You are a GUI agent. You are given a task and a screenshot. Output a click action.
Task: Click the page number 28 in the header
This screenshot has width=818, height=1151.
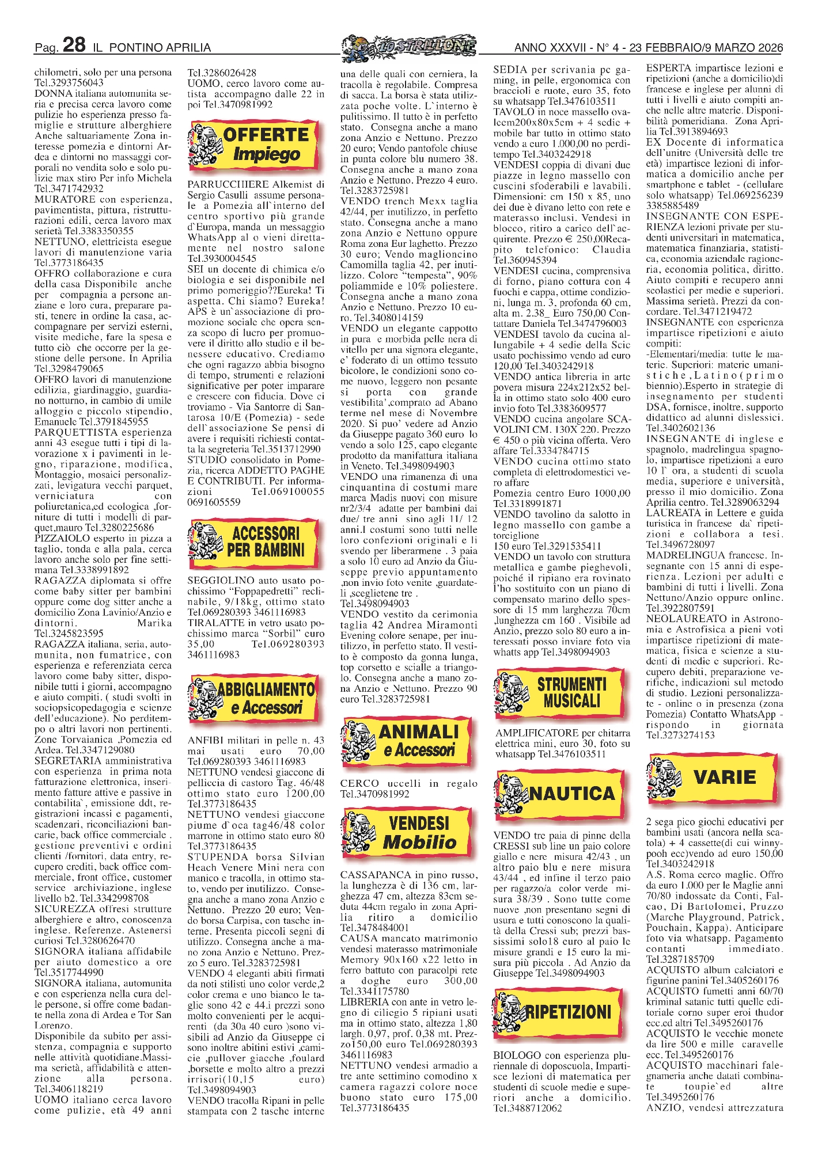(74, 45)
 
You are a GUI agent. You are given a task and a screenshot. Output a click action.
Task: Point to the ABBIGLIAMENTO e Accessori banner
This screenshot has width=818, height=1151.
(253, 698)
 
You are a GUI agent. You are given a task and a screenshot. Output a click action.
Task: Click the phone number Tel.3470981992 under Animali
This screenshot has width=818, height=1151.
(375, 794)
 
